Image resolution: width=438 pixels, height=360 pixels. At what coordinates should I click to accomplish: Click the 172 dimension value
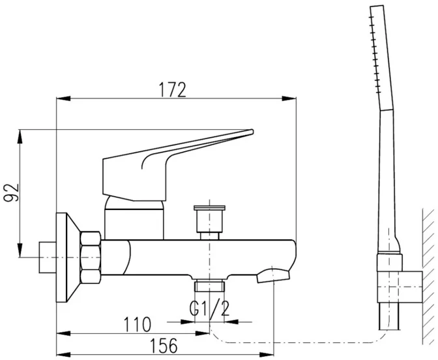(172, 89)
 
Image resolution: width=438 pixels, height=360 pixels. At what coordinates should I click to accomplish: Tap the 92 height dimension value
(11, 192)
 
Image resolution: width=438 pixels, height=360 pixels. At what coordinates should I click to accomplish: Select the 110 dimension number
(137, 324)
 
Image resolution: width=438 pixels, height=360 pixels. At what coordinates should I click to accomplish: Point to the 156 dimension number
(164, 346)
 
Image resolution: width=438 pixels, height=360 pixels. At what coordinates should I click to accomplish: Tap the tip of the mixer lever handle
(252, 131)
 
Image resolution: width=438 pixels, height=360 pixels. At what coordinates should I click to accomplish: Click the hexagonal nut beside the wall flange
(90, 257)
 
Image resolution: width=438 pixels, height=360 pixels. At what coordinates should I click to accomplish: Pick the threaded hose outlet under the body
(209, 286)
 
